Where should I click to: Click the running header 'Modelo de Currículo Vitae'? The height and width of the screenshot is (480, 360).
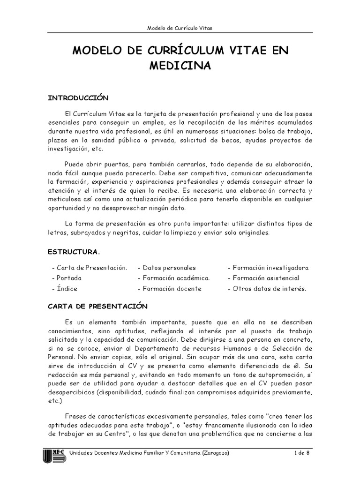pos(180,28)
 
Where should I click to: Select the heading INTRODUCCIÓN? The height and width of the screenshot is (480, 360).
pos(78,98)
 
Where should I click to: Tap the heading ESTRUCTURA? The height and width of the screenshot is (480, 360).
pos(74,252)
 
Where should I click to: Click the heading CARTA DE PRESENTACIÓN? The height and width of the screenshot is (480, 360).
pos(97,306)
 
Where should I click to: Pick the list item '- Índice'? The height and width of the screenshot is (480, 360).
pos(64,288)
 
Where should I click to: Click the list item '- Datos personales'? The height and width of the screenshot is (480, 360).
pos(166,268)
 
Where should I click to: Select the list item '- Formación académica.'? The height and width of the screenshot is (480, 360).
pos(173,278)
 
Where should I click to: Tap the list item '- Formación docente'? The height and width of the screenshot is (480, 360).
pos(169,288)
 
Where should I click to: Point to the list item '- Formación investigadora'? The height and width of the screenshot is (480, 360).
pos(268,268)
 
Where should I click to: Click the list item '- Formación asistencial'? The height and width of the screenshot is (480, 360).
pos(264,278)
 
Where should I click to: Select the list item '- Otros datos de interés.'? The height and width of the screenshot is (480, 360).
pos(267,288)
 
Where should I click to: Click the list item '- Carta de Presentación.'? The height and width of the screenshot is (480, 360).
pos(89,268)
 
